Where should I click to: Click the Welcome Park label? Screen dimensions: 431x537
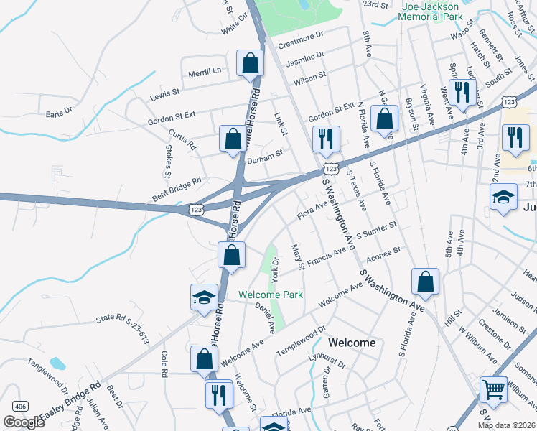271,295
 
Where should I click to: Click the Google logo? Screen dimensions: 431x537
24,422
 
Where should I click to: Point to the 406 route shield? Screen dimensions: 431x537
20,407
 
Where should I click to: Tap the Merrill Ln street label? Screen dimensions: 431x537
205,70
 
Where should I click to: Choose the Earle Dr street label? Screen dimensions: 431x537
60,112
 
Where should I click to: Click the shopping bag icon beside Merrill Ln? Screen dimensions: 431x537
250,63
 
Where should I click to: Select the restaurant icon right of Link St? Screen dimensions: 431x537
326,139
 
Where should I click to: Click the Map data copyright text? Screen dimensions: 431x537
507,425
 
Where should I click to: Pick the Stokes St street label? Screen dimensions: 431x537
168,162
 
